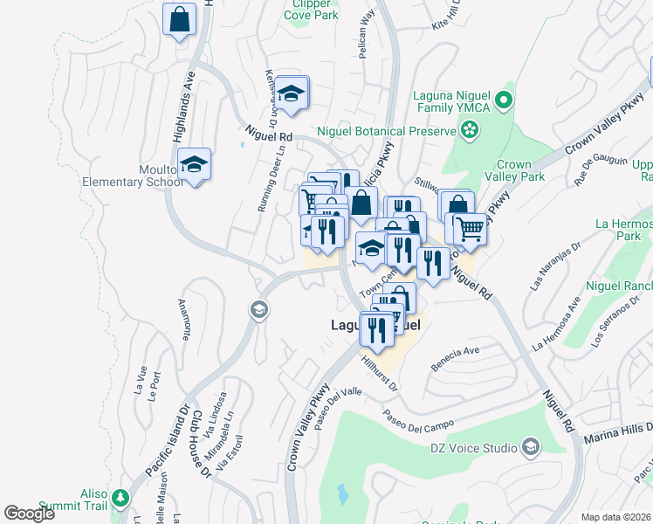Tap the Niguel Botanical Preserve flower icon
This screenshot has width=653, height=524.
[x=470, y=130]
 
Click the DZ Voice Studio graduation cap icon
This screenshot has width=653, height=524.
[x=530, y=449]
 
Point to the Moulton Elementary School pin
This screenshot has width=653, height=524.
[x=195, y=163]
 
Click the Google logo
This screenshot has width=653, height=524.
[x=29, y=514]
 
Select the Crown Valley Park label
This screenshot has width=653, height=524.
[x=519, y=170]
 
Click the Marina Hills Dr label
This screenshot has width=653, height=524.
[x=614, y=433]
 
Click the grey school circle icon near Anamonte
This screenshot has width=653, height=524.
[x=258, y=309]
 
